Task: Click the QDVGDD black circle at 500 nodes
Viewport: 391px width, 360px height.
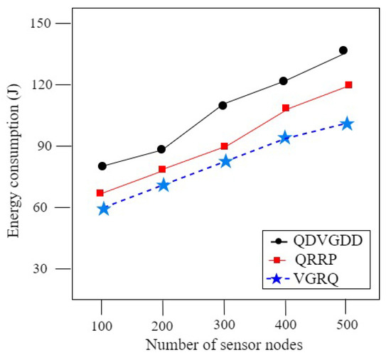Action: click(343, 50)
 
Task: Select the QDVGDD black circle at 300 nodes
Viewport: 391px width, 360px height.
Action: click(223, 105)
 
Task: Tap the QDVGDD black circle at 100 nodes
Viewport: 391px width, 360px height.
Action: click(102, 166)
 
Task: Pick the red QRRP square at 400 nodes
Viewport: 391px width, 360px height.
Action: click(286, 109)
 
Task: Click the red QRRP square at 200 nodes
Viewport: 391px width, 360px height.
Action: click(162, 169)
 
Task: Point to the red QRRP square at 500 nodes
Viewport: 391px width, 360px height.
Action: click(348, 85)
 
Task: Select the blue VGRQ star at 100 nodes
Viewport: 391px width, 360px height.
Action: click(104, 209)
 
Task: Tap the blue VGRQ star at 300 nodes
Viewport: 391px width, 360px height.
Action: click(225, 161)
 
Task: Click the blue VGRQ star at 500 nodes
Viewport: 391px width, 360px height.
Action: click(347, 124)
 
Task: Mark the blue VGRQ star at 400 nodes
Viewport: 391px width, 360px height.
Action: click(285, 137)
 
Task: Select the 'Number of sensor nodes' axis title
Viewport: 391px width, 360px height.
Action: click(225, 345)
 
